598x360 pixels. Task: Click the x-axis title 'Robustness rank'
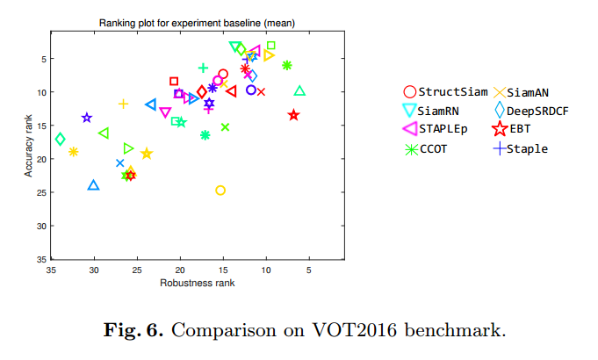tap(197, 283)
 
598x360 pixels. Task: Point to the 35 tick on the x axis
tap(52, 270)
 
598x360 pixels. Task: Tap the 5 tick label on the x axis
tap(309, 270)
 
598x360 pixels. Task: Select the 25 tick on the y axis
tap(41, 192)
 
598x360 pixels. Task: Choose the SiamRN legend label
tap(441, 111)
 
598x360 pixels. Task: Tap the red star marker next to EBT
tap(500, 129)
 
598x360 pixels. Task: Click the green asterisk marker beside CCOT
tap(409, 148)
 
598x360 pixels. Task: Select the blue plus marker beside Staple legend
tap(500, 148)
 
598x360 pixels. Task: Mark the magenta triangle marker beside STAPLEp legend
tap(409, 129)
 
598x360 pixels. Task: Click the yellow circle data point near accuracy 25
tap(220, 191)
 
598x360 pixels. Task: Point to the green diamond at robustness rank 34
tap(60, 139)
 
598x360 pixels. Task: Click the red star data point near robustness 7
tap(293, 115)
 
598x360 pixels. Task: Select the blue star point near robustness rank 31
tap(86, 118)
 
